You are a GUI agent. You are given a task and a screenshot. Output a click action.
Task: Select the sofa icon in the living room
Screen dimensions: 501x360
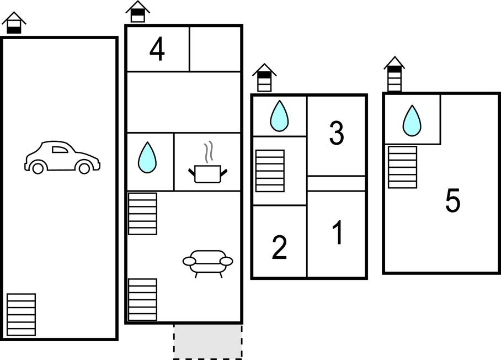(207, 263)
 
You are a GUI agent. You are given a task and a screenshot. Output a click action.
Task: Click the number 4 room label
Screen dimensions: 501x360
(157, 49)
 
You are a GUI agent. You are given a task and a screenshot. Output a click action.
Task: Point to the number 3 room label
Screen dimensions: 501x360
(337, 133)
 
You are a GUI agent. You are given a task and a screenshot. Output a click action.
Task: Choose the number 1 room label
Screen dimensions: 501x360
(338, 233)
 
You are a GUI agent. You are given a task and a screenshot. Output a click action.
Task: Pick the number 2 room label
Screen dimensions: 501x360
(279, 247)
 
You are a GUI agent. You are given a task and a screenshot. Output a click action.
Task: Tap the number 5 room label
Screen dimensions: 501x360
(453, 200)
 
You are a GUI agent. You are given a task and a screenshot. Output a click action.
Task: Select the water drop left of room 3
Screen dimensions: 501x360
(279, 116)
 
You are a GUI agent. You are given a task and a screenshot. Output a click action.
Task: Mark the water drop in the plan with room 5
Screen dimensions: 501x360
(412, 121)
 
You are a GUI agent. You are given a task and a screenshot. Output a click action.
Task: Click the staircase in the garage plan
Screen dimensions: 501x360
(21, 315)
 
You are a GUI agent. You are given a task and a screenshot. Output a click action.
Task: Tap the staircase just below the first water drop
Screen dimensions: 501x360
(142, 214)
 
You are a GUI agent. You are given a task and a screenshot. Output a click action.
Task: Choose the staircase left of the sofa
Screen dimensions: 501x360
(142, 300)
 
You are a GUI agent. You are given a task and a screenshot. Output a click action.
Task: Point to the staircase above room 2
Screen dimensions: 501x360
(270, 171)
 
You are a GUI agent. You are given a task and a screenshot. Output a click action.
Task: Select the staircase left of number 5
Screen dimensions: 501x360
(402, 167)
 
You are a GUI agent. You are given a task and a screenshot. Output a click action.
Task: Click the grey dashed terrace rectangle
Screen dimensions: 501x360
(208, 342)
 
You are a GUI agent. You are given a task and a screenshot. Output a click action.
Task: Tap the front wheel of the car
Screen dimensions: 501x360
(84, 168)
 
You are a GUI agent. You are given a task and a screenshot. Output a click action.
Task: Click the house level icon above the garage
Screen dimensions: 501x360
(14, 23)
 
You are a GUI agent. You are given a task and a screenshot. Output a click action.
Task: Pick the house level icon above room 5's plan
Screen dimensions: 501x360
(395, 74)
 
